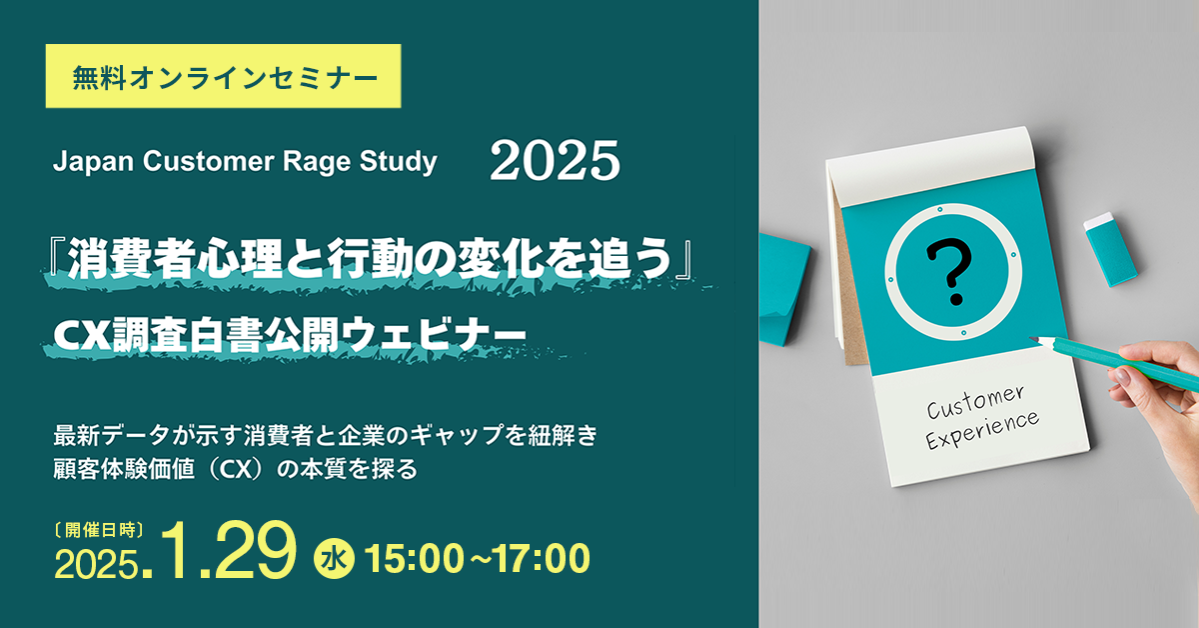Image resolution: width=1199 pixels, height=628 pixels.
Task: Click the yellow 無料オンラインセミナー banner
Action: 223,76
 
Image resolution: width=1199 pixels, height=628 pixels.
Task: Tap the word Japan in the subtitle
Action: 93,162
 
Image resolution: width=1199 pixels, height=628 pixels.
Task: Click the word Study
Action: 399,162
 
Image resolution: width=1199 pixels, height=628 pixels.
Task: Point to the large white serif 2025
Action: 555,161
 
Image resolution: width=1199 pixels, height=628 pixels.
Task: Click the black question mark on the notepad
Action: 948,272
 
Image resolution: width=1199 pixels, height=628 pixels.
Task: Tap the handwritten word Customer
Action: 975,402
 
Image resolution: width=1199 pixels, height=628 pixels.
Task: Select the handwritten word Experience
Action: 981,431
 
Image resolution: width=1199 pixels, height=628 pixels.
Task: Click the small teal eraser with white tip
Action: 1110,249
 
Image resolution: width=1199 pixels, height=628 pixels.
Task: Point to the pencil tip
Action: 1031,339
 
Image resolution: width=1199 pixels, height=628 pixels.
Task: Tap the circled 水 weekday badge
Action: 334,559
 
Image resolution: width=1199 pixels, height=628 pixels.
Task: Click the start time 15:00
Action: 414,559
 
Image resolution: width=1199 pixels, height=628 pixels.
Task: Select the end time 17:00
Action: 541,559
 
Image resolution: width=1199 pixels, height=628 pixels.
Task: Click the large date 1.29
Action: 228,550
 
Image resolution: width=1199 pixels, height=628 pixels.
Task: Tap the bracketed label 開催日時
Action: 99,530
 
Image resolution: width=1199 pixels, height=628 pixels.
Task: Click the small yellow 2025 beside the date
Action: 95,564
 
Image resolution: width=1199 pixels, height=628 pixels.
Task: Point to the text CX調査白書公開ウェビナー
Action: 290,336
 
